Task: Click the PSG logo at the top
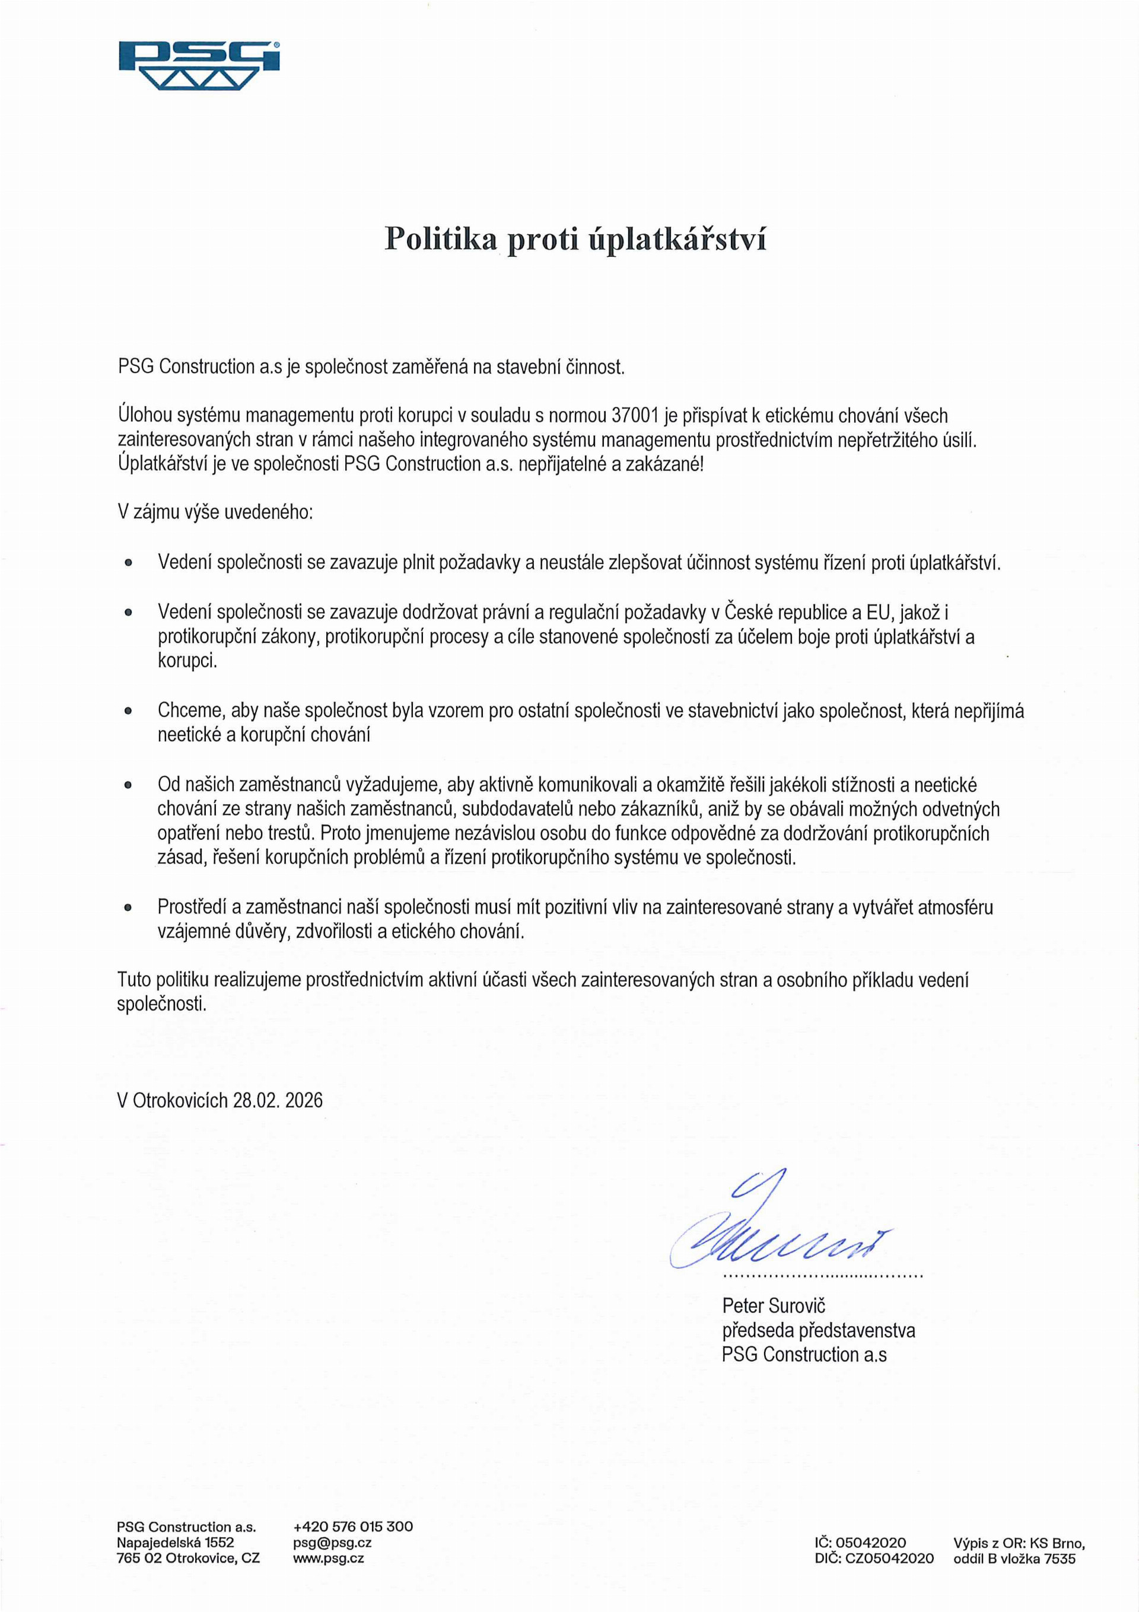[199, 65]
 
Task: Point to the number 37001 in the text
[635, 416]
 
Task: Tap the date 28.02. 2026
[278, 1100]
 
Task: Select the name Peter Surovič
[773, 1306]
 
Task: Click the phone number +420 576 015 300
[353, 1527]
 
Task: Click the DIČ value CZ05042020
[890, 1558]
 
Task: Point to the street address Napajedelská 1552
[176, 1543]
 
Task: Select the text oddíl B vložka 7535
[1014, 1558]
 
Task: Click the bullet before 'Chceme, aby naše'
[128, 711]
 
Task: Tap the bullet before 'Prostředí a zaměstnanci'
[128, 908]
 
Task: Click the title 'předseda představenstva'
[818, 1330]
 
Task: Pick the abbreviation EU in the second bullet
[878, 612]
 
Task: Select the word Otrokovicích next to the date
[180, 1100]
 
